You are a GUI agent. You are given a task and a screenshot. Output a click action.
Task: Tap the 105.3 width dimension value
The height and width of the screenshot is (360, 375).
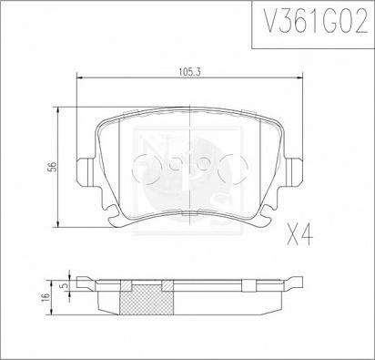coord(190,72)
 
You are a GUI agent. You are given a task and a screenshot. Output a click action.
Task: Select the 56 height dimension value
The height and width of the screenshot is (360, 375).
coord(53,167)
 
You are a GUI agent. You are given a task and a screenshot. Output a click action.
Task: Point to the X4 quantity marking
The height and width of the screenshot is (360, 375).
coord(299,235)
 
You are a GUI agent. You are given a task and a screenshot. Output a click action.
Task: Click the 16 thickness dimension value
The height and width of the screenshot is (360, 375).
coord(45,297)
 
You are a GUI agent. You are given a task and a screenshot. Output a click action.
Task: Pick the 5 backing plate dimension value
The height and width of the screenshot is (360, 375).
coord(64,285)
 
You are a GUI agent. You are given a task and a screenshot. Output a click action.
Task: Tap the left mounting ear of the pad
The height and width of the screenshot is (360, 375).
coord(86,172)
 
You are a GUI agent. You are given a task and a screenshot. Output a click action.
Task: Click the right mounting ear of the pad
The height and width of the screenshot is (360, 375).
coord(293,172)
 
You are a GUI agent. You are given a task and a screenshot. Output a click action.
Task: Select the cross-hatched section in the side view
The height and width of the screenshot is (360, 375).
coord(147,297)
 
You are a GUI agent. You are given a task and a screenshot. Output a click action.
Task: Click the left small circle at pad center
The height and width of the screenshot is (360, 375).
coord(174,166)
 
